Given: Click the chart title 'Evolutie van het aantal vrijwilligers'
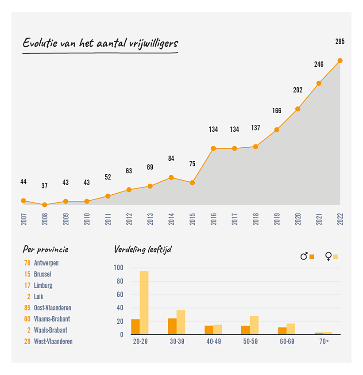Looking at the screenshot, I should (100, 44).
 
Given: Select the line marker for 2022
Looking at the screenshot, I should (340, 61).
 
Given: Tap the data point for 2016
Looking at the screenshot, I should (213, 148).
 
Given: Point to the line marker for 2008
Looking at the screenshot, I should (44, 205).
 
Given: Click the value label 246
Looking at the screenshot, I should (319, 65).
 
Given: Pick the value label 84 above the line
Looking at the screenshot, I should (171, 158).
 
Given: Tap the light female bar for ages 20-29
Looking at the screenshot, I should (144, 302).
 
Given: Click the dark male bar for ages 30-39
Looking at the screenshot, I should (172, 326).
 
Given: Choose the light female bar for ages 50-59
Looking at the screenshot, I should (254, 325).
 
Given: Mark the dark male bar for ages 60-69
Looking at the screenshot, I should (282, 331).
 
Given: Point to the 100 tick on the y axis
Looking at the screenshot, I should (118, 268).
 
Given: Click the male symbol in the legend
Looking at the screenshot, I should (304, 256).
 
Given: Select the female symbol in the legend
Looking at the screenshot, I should (328, 256).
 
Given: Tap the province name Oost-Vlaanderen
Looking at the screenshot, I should (52, 308).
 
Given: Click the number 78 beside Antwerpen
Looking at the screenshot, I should (27, 263).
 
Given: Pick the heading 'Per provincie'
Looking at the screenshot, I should (46, 250).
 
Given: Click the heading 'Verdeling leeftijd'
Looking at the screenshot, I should (143, 250).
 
